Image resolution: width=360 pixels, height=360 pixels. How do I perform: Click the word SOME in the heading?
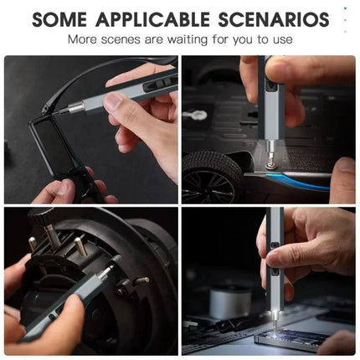[x=59, y=19]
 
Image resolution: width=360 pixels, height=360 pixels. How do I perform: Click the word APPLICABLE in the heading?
[x=152, y=19]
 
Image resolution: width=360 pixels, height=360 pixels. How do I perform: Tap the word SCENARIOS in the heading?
[x=274, y=19]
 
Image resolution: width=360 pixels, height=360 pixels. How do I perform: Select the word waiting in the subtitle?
[x=188, y=39]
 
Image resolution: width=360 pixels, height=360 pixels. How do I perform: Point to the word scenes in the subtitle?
[x=121, y=40]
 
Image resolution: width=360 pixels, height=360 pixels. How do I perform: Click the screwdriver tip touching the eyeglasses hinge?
[x=59, y=112]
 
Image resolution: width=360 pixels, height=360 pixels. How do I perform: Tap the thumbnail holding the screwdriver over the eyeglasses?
[x=112, y=100]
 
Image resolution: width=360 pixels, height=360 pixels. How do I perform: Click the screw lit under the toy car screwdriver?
[x=270, y=165]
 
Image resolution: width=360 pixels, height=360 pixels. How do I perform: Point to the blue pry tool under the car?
[x=300, y=181]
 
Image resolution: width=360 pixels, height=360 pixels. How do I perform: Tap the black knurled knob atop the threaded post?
[x=43, y=216]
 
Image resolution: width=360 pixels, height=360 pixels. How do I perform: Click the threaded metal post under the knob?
[x=52, y=235]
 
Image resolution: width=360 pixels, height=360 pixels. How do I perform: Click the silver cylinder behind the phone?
[x=226, y=304]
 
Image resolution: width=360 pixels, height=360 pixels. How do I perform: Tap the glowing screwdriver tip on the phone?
[x=275, y=321]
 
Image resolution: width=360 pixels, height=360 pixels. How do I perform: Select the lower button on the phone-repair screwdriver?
[x=275, y=271]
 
